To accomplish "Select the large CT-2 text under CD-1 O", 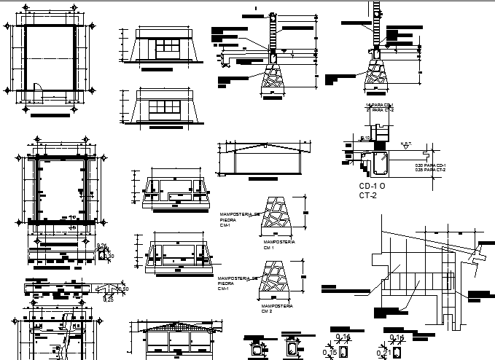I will coord(370,196).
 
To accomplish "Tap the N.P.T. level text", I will coord(406,144).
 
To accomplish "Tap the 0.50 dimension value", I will coord(124,290).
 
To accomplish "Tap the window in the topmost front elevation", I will coord(168,47).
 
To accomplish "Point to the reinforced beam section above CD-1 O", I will coord(378,165).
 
